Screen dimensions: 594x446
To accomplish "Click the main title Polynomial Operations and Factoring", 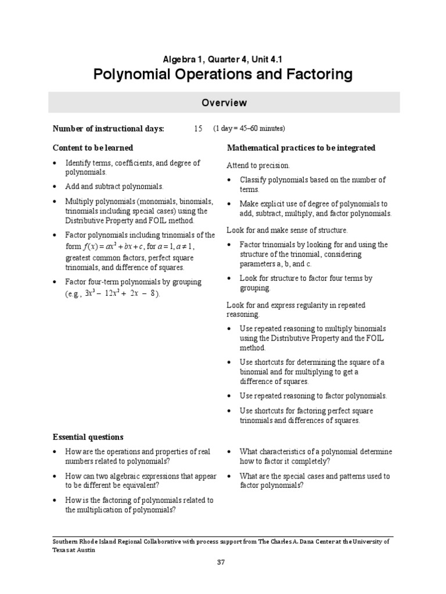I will [x=224, y=74].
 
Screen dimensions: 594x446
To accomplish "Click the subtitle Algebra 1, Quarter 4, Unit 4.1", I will [x=224, y=58].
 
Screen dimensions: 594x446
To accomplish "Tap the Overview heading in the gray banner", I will [x=224, y=103].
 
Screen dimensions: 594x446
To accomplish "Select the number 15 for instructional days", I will [x=198, y=129].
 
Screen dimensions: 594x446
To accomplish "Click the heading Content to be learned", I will [x=93, y=148].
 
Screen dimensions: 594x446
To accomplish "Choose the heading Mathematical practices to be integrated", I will [x=301, y=148].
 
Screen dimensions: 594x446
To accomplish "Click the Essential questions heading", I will [x=88, y=437].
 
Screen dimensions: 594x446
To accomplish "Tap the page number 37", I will [x=221, y=562].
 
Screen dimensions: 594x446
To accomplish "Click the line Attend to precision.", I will [x=258, y=166].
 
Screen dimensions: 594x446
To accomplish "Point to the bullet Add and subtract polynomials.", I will [x=114, y=187].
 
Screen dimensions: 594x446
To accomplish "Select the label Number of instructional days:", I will [x=109, y=129].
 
